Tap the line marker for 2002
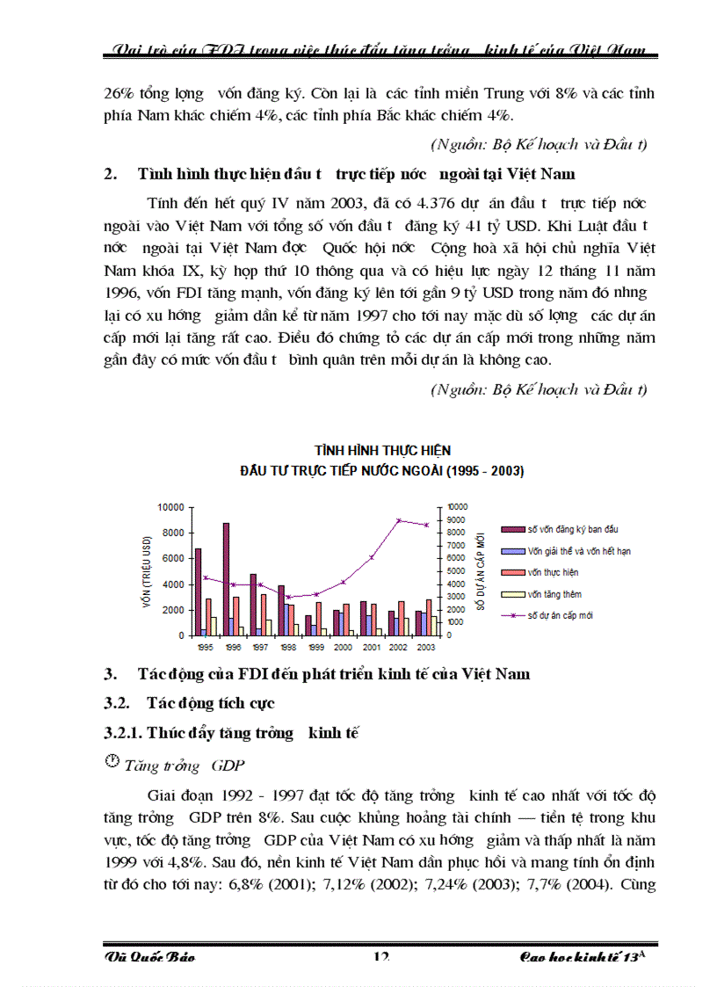click(399, 520)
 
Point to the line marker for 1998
click(289, 597)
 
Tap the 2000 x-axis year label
click(344, 646)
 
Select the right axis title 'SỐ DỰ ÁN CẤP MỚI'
click(481, 571)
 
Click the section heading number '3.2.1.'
click(124, 733)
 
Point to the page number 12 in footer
click(380, 956)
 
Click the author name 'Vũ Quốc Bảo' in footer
click(149, 956)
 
